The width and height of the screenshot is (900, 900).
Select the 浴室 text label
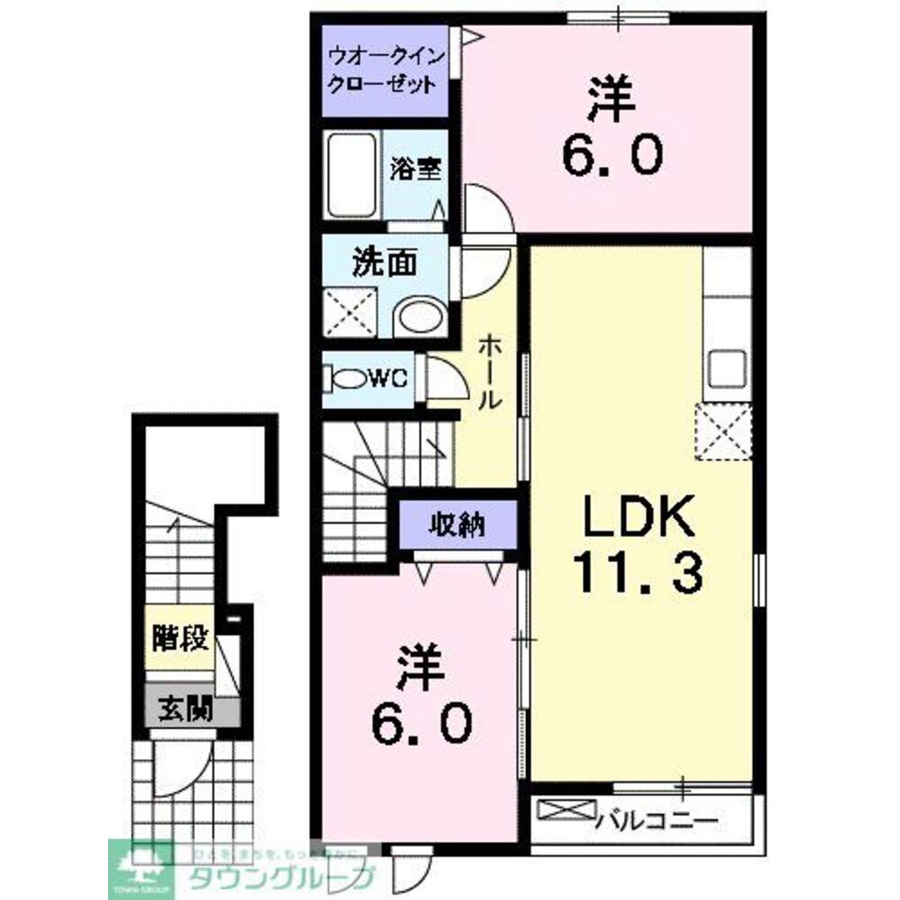[416, 169]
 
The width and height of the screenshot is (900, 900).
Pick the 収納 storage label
[457, 524]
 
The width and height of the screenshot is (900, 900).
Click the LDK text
[639, 519]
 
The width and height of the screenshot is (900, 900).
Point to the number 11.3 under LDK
[639, 573]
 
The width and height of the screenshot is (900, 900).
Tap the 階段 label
[181, 639]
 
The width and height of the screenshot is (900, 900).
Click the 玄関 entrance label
[185, 710]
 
